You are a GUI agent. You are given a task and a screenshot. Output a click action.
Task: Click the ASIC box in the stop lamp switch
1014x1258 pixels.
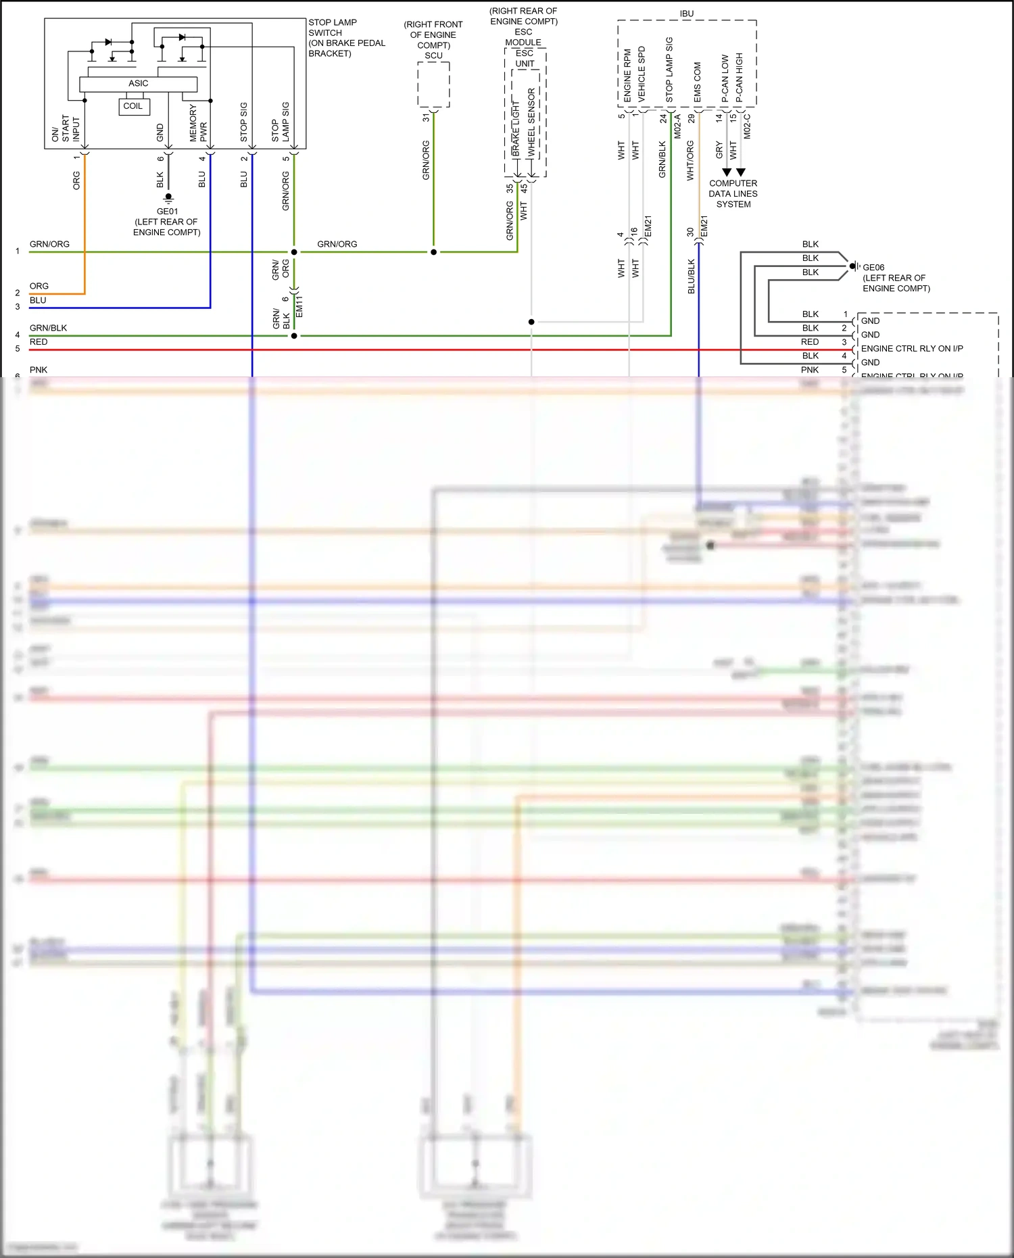tap(138, 84)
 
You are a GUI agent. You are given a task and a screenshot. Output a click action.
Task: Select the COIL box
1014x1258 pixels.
tap(133, 106)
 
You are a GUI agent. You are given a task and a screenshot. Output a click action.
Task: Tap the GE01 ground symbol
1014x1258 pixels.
tap(168, 198)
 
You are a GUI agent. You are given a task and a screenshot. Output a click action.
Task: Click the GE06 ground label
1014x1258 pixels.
tap(873, 268)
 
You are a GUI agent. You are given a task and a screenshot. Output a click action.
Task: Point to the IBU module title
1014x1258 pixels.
tap(687, 14)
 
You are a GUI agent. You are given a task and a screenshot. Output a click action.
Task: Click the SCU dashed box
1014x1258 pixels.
tap(433, 84)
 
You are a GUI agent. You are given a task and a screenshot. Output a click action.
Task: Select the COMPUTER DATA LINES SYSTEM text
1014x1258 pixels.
tap(733, 194)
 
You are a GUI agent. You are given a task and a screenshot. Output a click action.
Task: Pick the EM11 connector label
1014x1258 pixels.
tap(299, 306)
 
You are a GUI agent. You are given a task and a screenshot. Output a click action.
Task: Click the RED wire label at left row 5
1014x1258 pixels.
tap(39, 342)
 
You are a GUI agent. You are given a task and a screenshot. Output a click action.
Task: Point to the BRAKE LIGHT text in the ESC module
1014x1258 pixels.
tap(516, 128)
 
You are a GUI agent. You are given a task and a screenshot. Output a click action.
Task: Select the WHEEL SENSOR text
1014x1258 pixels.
tap(531, 122)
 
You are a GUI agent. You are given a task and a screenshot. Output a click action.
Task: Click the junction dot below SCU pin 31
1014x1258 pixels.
tap(433, 252)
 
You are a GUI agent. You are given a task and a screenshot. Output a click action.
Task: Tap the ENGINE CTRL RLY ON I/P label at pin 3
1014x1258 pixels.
tap(911, 349)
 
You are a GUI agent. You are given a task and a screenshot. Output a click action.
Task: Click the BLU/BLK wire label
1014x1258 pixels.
tap(691, 276)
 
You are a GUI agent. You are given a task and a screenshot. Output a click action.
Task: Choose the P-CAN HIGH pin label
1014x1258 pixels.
tap(739, 77)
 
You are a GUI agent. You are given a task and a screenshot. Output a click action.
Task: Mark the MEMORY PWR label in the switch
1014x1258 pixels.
tap(198, 122)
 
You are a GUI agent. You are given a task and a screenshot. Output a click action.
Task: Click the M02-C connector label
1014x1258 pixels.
tap(747, 126)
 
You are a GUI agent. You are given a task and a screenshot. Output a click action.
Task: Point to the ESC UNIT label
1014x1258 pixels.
tap(525, 58)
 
